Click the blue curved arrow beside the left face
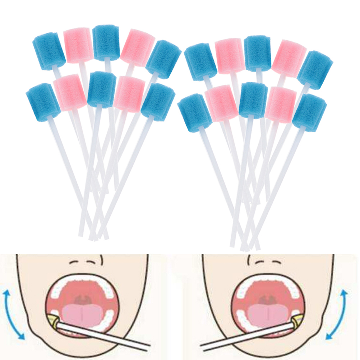(x=14, y=315)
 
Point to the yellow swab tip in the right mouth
(x=298, y=319)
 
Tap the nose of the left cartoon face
(x=85, y=261)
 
